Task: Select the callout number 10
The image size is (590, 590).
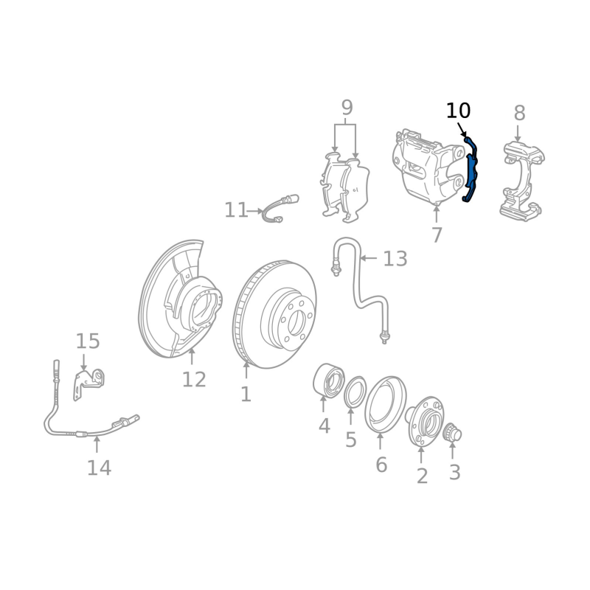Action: (458, 111)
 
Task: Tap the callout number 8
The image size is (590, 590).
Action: (519, 113)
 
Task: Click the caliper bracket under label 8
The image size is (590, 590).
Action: (522, 181)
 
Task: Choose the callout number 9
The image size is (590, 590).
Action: (347, 108)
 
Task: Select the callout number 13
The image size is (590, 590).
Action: (395, 259)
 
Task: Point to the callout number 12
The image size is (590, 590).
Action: (194, 379)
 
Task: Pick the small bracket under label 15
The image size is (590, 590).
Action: (88, 383)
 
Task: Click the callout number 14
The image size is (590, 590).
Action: (99, 468)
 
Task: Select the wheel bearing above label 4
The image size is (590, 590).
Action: (328, 380)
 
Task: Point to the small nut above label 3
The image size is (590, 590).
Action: (452, 432)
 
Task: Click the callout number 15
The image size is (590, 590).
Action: (88, 341)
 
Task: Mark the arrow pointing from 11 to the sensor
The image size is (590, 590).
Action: (256, 211)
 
